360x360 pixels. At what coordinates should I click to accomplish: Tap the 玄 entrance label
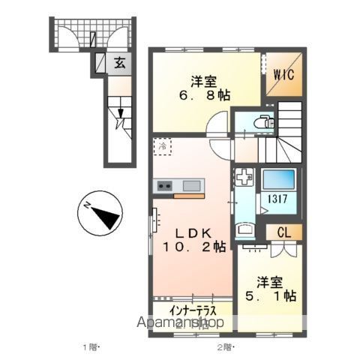tap(119, 64)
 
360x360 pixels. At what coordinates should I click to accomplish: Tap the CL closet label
tap(285, 232)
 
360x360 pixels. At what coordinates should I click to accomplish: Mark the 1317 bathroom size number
tap(272, 200)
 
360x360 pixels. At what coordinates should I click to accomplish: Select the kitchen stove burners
tap(166, 185)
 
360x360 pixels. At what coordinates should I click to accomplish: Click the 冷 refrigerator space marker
tap(163, 146)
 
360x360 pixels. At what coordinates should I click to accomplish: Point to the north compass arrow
tap(100, 213)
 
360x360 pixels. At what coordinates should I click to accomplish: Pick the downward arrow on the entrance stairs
tap(120, 115)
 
